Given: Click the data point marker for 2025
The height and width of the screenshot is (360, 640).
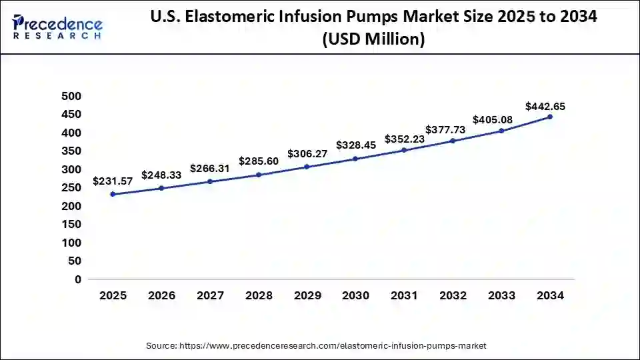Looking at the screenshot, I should click(113, 194).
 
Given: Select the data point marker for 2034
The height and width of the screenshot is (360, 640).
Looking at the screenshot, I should click(550, 117).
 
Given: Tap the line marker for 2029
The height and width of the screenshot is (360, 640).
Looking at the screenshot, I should click(307, 167).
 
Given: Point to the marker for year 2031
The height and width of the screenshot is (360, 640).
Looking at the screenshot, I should click(405, 150).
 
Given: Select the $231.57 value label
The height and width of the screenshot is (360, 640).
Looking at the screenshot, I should click(113, 182).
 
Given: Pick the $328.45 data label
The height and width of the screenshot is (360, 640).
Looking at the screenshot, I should click(356, 145).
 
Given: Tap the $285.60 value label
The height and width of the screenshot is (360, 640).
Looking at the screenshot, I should click(259, 161).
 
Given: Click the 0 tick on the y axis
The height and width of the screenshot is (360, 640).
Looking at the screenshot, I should click(78, 279).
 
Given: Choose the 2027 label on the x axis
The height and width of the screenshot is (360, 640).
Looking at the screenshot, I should click(210, 296).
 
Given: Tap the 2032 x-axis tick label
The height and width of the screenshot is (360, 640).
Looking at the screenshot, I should click(453, 296).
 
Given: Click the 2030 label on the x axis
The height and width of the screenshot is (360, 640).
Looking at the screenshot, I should click(356, 296).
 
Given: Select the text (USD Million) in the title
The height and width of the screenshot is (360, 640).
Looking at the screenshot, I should click(373, 39).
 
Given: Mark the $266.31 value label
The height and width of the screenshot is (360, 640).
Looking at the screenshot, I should click(210, 169).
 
